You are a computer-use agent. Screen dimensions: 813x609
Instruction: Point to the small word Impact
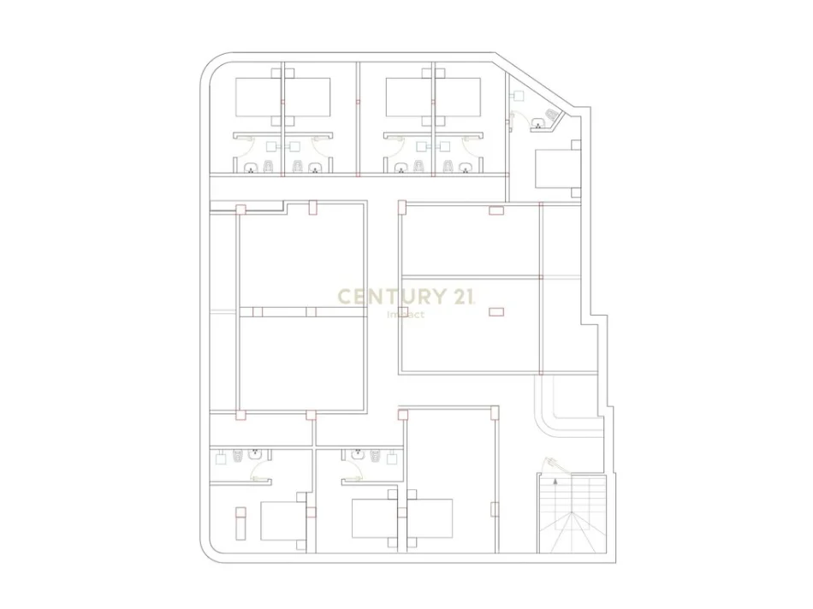[406, 315]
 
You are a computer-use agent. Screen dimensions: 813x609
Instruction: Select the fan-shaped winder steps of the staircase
[573, 532]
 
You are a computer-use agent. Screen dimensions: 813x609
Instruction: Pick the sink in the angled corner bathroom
[538, 123]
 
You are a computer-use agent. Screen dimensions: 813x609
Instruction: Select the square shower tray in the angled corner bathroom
[518, 96]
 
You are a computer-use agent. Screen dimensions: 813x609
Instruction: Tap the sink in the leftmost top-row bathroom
[252, 168]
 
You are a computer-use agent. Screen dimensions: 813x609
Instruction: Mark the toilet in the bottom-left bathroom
[238, 456]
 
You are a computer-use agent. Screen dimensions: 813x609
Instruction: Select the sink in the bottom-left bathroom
[254, 454]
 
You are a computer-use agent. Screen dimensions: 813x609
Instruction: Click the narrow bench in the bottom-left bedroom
[240, 523]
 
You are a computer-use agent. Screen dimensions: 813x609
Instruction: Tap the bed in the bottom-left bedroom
[283, 520]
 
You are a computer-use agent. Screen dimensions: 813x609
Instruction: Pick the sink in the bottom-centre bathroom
[358, 454]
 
